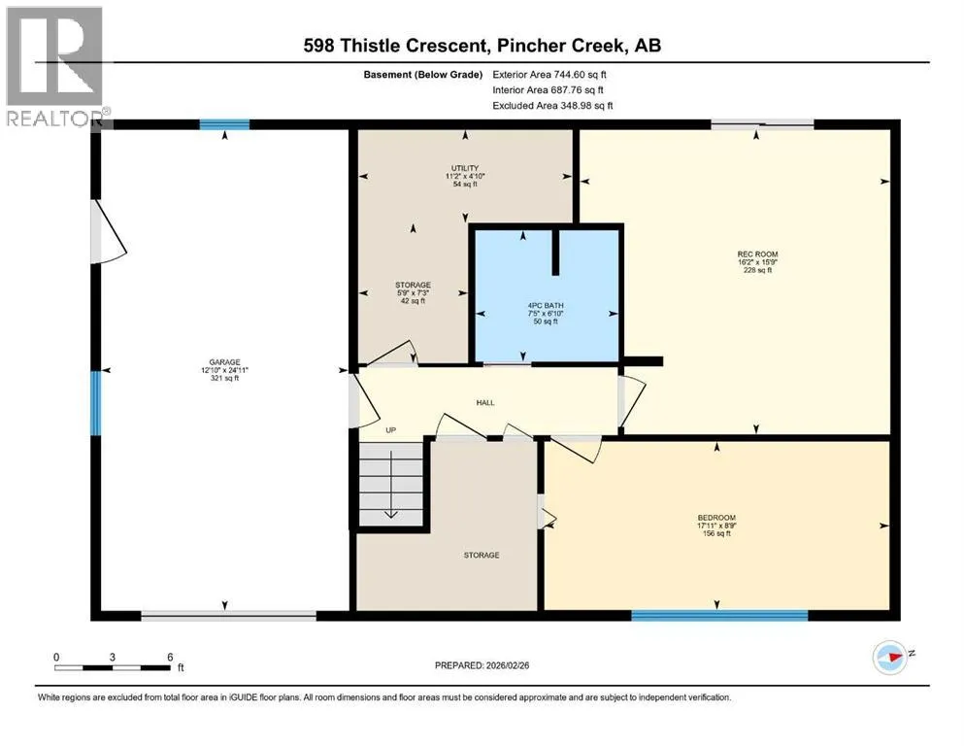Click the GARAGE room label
(x=224, y=362)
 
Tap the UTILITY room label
(x=465, y=168)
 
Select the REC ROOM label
(x=757, y=254)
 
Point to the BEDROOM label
(x=716, y=518)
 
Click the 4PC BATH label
(x=546, y=306)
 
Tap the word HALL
(x=485, y=403)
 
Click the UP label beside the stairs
(x=390, y=430)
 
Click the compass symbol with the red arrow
(x=890, y=658)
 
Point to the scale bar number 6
(x=170, y=657)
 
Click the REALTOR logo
(x=55, y=66)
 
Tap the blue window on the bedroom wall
(x=719, y=615)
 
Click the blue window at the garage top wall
(x=224, y=125)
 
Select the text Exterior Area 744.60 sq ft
(x=549, y=75)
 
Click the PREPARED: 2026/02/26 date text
(x=482, y=665)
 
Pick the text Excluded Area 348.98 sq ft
(x=552, y=105)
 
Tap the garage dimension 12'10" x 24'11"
(x=224, y=370)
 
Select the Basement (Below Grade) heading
(x=423, y=75)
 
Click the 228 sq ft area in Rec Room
(x=757, y=270)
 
